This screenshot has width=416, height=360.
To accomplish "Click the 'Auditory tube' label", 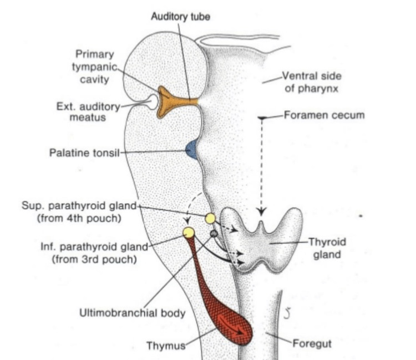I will [x=180, y=17].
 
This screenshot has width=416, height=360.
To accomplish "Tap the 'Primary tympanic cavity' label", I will [x=95, y=67].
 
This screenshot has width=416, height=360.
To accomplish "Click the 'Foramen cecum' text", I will [x=324, y=115].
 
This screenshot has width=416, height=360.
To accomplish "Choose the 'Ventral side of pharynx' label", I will [x=312, y=82].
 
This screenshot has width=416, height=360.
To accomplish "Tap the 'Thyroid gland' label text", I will [x=327, y=249].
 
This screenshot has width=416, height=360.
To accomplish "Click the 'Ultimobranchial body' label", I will [x=132, y=313].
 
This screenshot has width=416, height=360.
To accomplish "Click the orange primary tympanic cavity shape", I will [x=166, y=102].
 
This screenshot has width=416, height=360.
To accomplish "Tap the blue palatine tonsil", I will [x=192, y=149].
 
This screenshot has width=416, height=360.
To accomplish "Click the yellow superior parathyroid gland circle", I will [x=210, y=218].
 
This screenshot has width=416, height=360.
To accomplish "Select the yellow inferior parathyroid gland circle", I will [x=189, y=232].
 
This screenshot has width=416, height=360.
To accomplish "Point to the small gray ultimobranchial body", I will [x=212, y=234].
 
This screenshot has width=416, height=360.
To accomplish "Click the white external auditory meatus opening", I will [x=151, y=102].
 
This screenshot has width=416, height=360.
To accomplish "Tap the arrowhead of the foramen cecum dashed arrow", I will [x=262, y=211].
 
